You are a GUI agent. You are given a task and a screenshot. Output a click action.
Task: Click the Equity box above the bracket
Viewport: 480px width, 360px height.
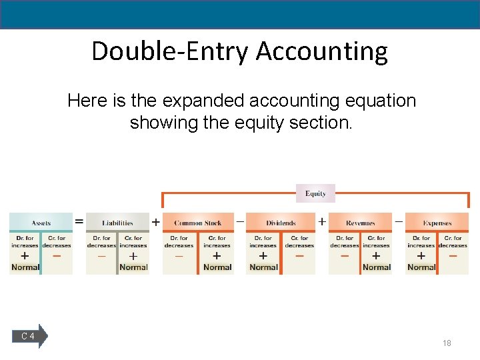click(315, 193)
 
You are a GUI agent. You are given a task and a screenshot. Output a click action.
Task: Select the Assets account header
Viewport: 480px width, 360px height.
click(41, 223)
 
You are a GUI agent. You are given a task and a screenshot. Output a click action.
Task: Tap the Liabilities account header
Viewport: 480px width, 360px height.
click(118, 223)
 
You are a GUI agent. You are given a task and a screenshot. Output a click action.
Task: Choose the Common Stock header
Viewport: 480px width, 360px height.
click(198, 223)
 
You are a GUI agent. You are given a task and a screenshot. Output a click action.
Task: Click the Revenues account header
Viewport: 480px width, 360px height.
click(360, 223)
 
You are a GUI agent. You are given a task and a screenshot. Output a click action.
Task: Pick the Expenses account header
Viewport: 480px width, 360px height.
click(437, 223)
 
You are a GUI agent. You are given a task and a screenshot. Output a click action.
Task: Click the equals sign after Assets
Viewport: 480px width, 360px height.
click(79, 221)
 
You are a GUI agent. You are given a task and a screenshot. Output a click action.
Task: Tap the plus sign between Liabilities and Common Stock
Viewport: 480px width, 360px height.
click(156, 222)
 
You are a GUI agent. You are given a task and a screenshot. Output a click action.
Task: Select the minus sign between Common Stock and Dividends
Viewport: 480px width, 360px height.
click(240, 219)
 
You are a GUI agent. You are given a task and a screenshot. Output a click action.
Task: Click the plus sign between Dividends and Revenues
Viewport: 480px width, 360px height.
click(322, 221)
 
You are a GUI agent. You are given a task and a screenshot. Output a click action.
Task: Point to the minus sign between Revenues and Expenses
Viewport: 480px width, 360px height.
click(399, 219)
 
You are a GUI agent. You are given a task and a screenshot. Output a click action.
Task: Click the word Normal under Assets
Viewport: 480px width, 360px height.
click(25, 267)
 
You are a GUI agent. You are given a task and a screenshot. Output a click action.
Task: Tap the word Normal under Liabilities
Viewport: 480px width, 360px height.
click(133, 267)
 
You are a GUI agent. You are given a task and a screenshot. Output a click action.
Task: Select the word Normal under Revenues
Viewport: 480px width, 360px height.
click(377, 267)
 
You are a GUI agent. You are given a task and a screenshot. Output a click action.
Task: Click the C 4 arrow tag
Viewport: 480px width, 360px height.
click(30, 336)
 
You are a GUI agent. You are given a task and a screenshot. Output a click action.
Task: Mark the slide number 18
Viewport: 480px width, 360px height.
click(447, 343)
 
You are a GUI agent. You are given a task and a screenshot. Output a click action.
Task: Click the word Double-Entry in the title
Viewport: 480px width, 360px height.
click(169, 51)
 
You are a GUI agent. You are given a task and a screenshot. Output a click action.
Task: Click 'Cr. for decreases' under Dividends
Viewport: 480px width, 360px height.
click(299, 241)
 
